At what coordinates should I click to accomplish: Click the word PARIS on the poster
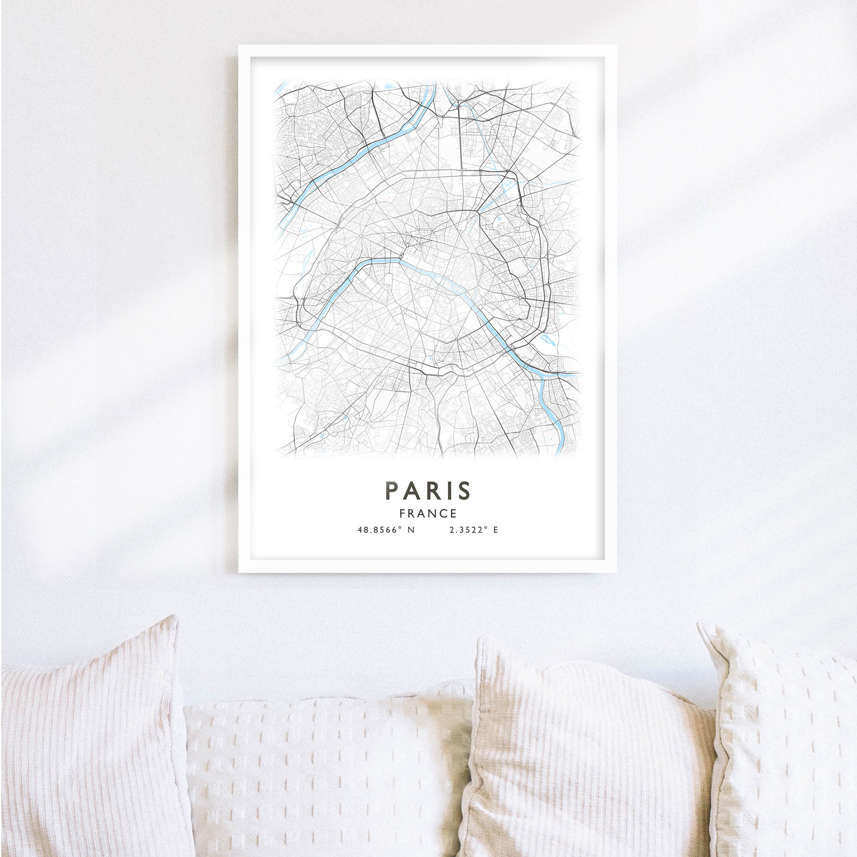pyautogui.click(x=428, y=490)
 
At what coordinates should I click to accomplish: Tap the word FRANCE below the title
pyautogui.click(x=428, y=514)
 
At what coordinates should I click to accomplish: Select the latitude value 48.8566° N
pyautogui.click(x=386, y=530)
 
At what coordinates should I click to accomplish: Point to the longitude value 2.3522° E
pyautogui.click(x=473, y=530)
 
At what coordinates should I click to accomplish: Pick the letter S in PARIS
pyautogui.click(x=464, y=490)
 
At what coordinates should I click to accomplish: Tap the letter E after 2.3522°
pyautogui.click(x=495, y=530)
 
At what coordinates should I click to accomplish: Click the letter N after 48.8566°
pyautogui.click(x=411, y=530)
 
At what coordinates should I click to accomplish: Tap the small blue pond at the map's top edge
pyautogui.click(x=389, y=85)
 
